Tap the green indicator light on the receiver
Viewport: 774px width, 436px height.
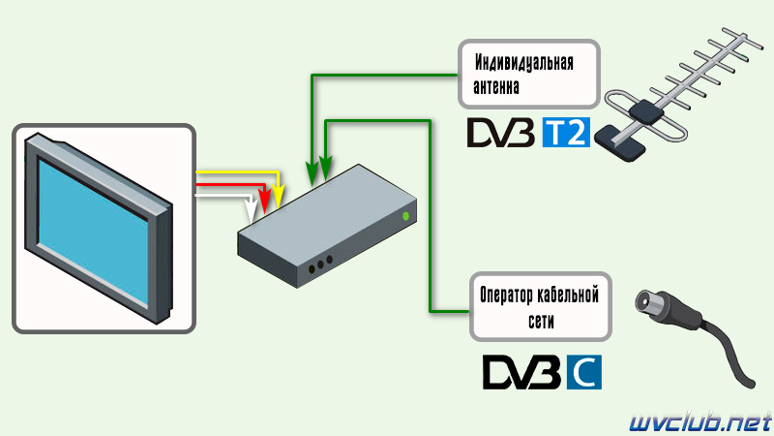click(x=405, y=216)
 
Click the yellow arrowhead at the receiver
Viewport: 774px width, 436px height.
click(x=279, y=198)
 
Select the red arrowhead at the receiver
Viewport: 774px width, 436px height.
click(x=265, y=202)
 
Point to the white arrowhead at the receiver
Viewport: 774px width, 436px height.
click(x=252, y=210)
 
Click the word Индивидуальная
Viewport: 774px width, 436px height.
click(x=523, y=63)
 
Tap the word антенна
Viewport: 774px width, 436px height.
click(x=496, y=87)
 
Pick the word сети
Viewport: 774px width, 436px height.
click(x=541, y=322)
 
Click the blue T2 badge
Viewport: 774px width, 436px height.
click(x=566, y=133)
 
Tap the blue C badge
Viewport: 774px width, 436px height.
click(x=584, y=372)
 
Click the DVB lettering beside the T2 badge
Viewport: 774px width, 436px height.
click(x=500, y=133)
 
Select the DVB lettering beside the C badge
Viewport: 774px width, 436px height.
click(x=521, y=372)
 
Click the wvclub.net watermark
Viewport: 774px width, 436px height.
click(x=700, y=423)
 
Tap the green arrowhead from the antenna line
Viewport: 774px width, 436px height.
click(x=312, y=173)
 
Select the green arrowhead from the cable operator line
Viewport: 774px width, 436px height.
click(x=325, y=168)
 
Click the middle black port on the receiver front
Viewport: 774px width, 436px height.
click(x=320, y=265)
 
